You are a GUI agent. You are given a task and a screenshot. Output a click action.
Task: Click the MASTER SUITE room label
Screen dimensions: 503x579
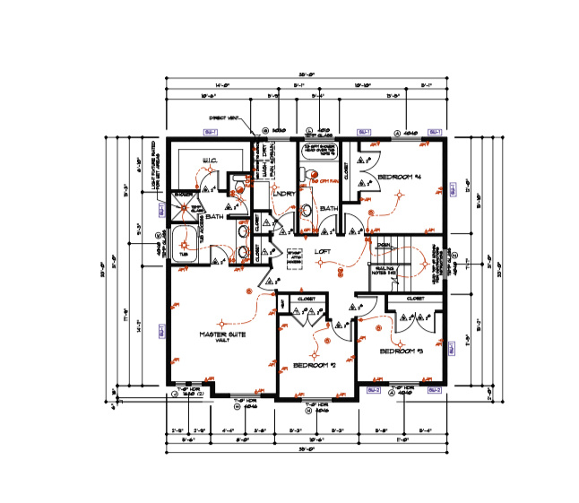(221, 334)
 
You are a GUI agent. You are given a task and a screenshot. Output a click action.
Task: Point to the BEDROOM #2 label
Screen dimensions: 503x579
(313, 365)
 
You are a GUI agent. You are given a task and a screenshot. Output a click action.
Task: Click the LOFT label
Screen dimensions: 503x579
(322, 252)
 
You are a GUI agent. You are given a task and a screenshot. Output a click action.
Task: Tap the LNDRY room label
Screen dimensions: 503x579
(285, 193)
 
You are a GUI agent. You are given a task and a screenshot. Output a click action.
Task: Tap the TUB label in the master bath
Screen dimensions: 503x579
(185, 254)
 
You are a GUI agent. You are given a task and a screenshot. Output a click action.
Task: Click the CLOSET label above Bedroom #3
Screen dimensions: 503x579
(415, 298)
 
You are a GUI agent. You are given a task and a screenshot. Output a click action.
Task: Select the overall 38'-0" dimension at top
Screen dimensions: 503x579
(306, 75)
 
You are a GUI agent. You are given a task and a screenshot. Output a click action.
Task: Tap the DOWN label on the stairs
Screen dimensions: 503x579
(383, 246)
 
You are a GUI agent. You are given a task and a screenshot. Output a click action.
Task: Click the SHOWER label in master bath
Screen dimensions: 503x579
(183, 193)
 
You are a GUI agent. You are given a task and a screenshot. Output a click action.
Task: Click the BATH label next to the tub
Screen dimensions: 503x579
(215, 217)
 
